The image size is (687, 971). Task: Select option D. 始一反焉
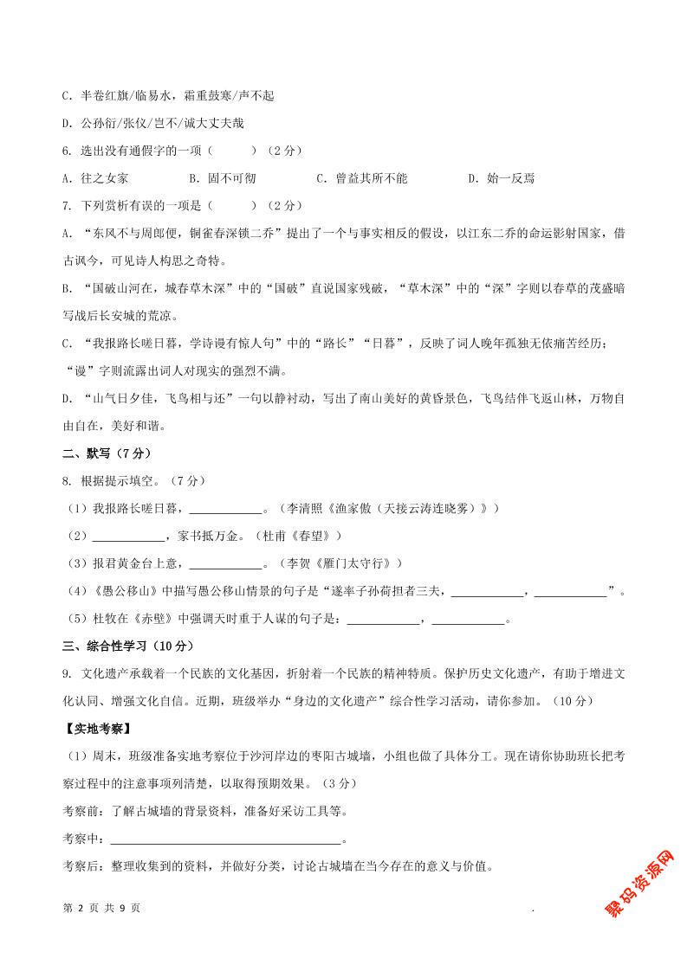click(501, 178)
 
